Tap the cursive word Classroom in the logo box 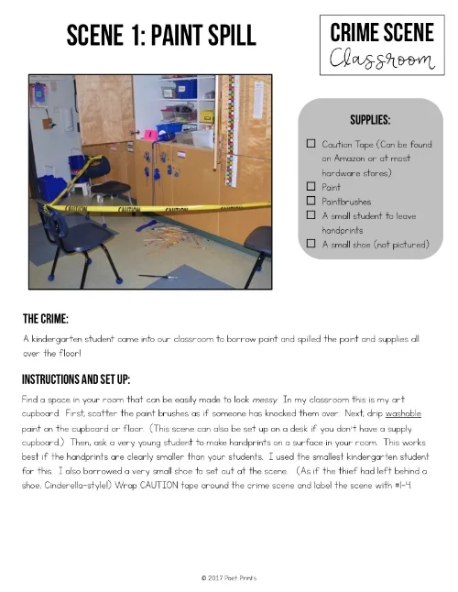pos(382,61)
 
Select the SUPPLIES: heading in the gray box pos(372,120)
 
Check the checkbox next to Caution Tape pos(311,145)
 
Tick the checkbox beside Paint pos(311,186)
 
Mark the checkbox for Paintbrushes pos(311,200)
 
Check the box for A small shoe pos(311,244)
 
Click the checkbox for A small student pos(311,214)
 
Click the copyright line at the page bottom pos(228,577)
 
